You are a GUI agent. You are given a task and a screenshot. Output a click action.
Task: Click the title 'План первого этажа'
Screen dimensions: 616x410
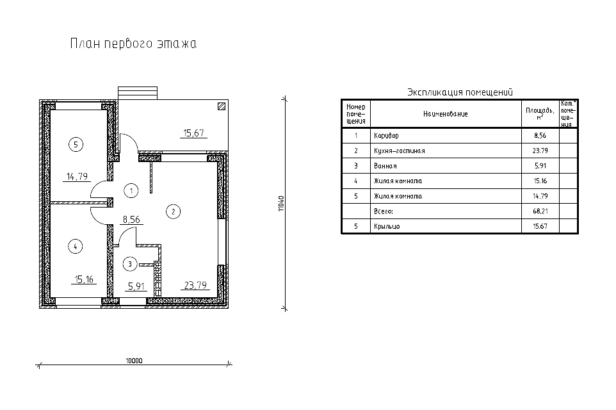point(133,44)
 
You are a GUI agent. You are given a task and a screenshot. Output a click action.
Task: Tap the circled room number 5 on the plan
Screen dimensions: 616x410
point(76,144)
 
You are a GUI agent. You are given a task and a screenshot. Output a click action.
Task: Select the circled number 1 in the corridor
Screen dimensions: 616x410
point(131,191)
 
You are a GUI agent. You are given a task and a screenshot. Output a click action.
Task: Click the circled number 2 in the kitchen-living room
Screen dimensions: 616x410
point(174,211)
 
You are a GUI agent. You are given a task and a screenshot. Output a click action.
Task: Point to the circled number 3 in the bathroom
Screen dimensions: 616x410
point(130,264)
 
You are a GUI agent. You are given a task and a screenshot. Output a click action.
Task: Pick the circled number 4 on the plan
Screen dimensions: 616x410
point(75,247)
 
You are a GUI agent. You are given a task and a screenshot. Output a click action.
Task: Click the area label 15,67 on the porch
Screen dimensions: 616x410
point(193,133)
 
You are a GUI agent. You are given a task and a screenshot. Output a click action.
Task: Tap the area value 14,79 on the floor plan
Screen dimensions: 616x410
point(77,177)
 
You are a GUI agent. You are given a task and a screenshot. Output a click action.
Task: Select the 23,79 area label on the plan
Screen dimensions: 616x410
point(195,285)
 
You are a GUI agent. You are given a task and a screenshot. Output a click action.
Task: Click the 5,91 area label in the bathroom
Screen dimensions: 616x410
point(136,286)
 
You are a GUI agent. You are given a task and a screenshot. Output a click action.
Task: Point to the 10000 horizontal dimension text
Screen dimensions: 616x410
point(134,361)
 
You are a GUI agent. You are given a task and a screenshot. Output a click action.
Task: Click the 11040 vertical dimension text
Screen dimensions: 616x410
point(281,204)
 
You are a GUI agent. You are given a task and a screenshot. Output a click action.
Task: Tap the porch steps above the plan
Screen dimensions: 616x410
point(138,93)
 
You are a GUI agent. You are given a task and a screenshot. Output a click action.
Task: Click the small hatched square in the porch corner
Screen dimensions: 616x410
point(222,106)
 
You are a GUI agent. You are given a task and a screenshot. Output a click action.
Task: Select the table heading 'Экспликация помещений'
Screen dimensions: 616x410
point(460,92)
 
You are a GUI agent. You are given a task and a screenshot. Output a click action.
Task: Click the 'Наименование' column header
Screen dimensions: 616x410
point(446,114)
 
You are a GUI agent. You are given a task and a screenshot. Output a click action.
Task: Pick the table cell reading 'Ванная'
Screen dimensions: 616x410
point(385,166)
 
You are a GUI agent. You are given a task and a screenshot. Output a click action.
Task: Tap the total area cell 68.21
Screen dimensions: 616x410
point(540,211)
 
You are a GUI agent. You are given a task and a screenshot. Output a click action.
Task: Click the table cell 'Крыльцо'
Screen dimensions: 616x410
point(387,226)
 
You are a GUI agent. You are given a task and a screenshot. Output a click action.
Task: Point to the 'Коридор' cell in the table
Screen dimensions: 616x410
point(386,136)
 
